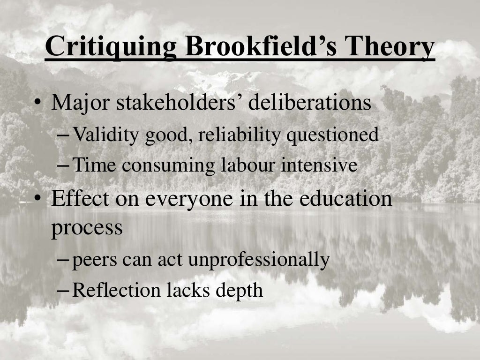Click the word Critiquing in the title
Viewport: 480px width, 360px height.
coord(110,48)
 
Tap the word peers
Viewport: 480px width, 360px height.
coord(94,260)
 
